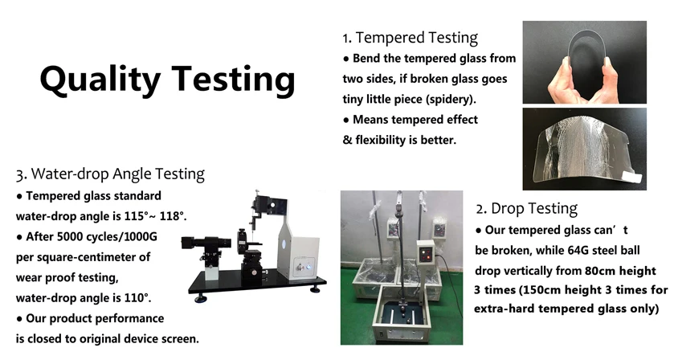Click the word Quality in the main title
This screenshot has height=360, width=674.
pos(100,80)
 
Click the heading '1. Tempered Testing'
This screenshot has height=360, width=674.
pos(410,38)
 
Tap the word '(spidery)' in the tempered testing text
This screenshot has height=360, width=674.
pos(451,100)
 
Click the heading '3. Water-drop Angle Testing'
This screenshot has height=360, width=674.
pos(110,174)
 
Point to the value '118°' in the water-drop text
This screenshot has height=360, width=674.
pos(173,216)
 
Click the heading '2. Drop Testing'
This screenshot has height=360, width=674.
pos(526,209)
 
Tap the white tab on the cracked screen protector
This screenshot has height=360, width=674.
pos(633,178)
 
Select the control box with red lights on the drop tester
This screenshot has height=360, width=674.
pos(427,253)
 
